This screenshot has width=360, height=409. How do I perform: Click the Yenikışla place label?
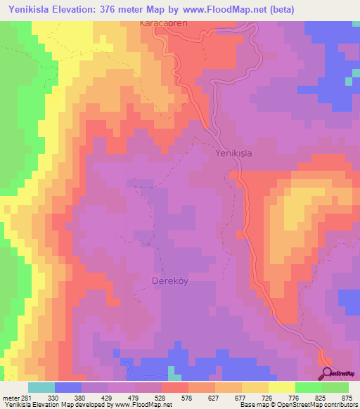(233, 152)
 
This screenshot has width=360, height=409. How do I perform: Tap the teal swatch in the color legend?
(41, 387)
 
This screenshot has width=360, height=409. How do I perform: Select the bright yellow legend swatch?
(281, 387)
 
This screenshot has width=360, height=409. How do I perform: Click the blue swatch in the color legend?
(67, 387)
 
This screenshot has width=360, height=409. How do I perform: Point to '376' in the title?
(120, 9)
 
